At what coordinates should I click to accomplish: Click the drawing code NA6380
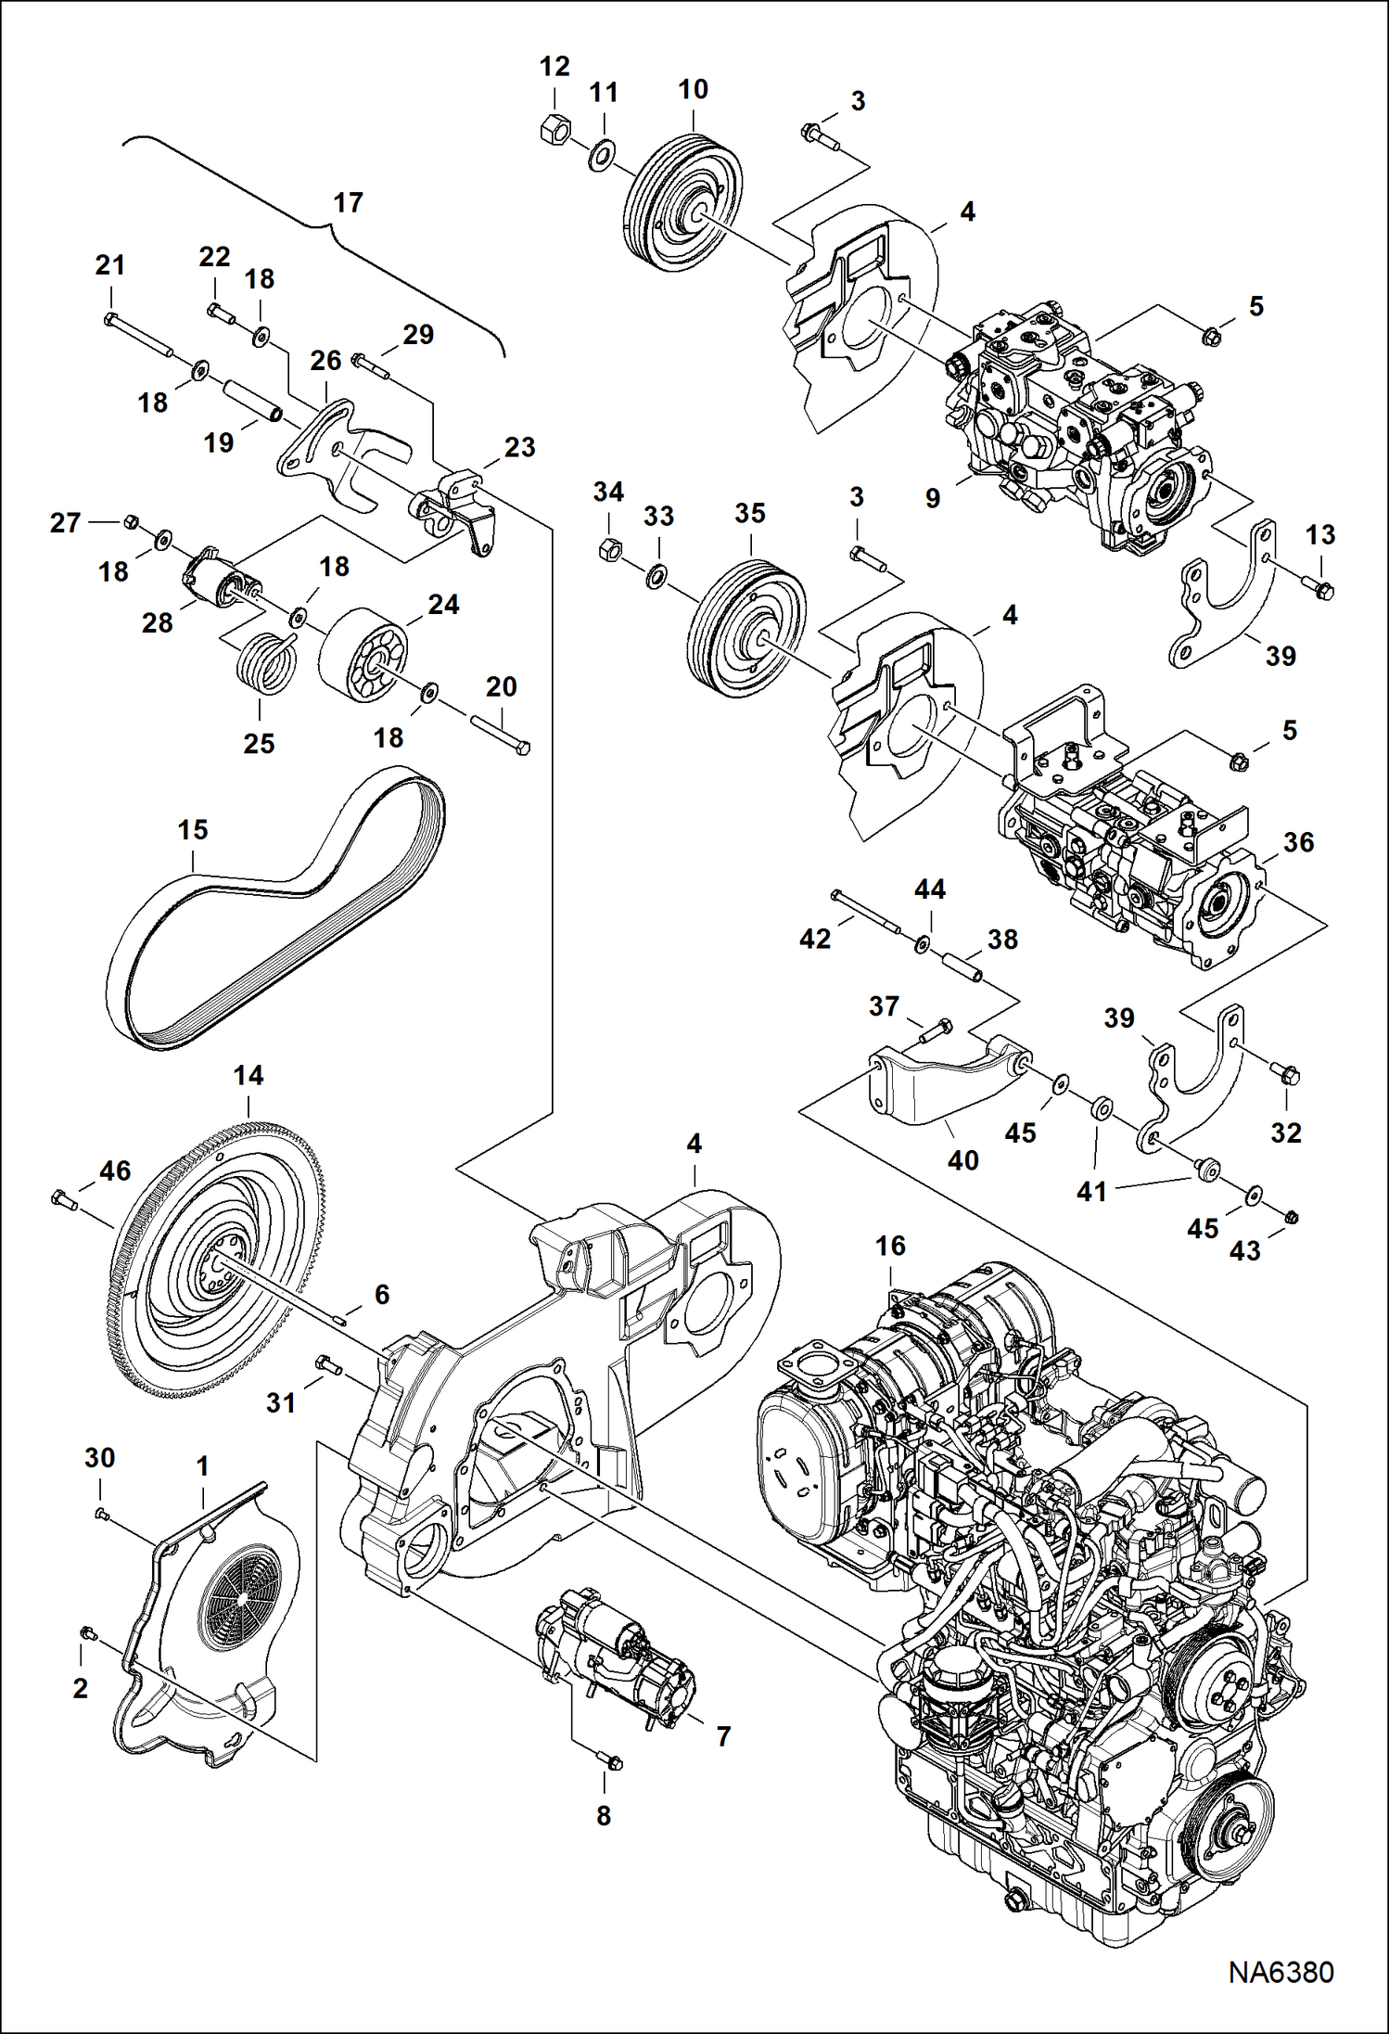click(1281, 1974)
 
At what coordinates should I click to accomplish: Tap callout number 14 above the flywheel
click(248, 1076)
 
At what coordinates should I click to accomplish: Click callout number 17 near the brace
click(348, 202)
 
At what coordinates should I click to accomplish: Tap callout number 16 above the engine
click(890, 1246)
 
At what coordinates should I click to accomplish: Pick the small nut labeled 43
click(1293, 1218)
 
